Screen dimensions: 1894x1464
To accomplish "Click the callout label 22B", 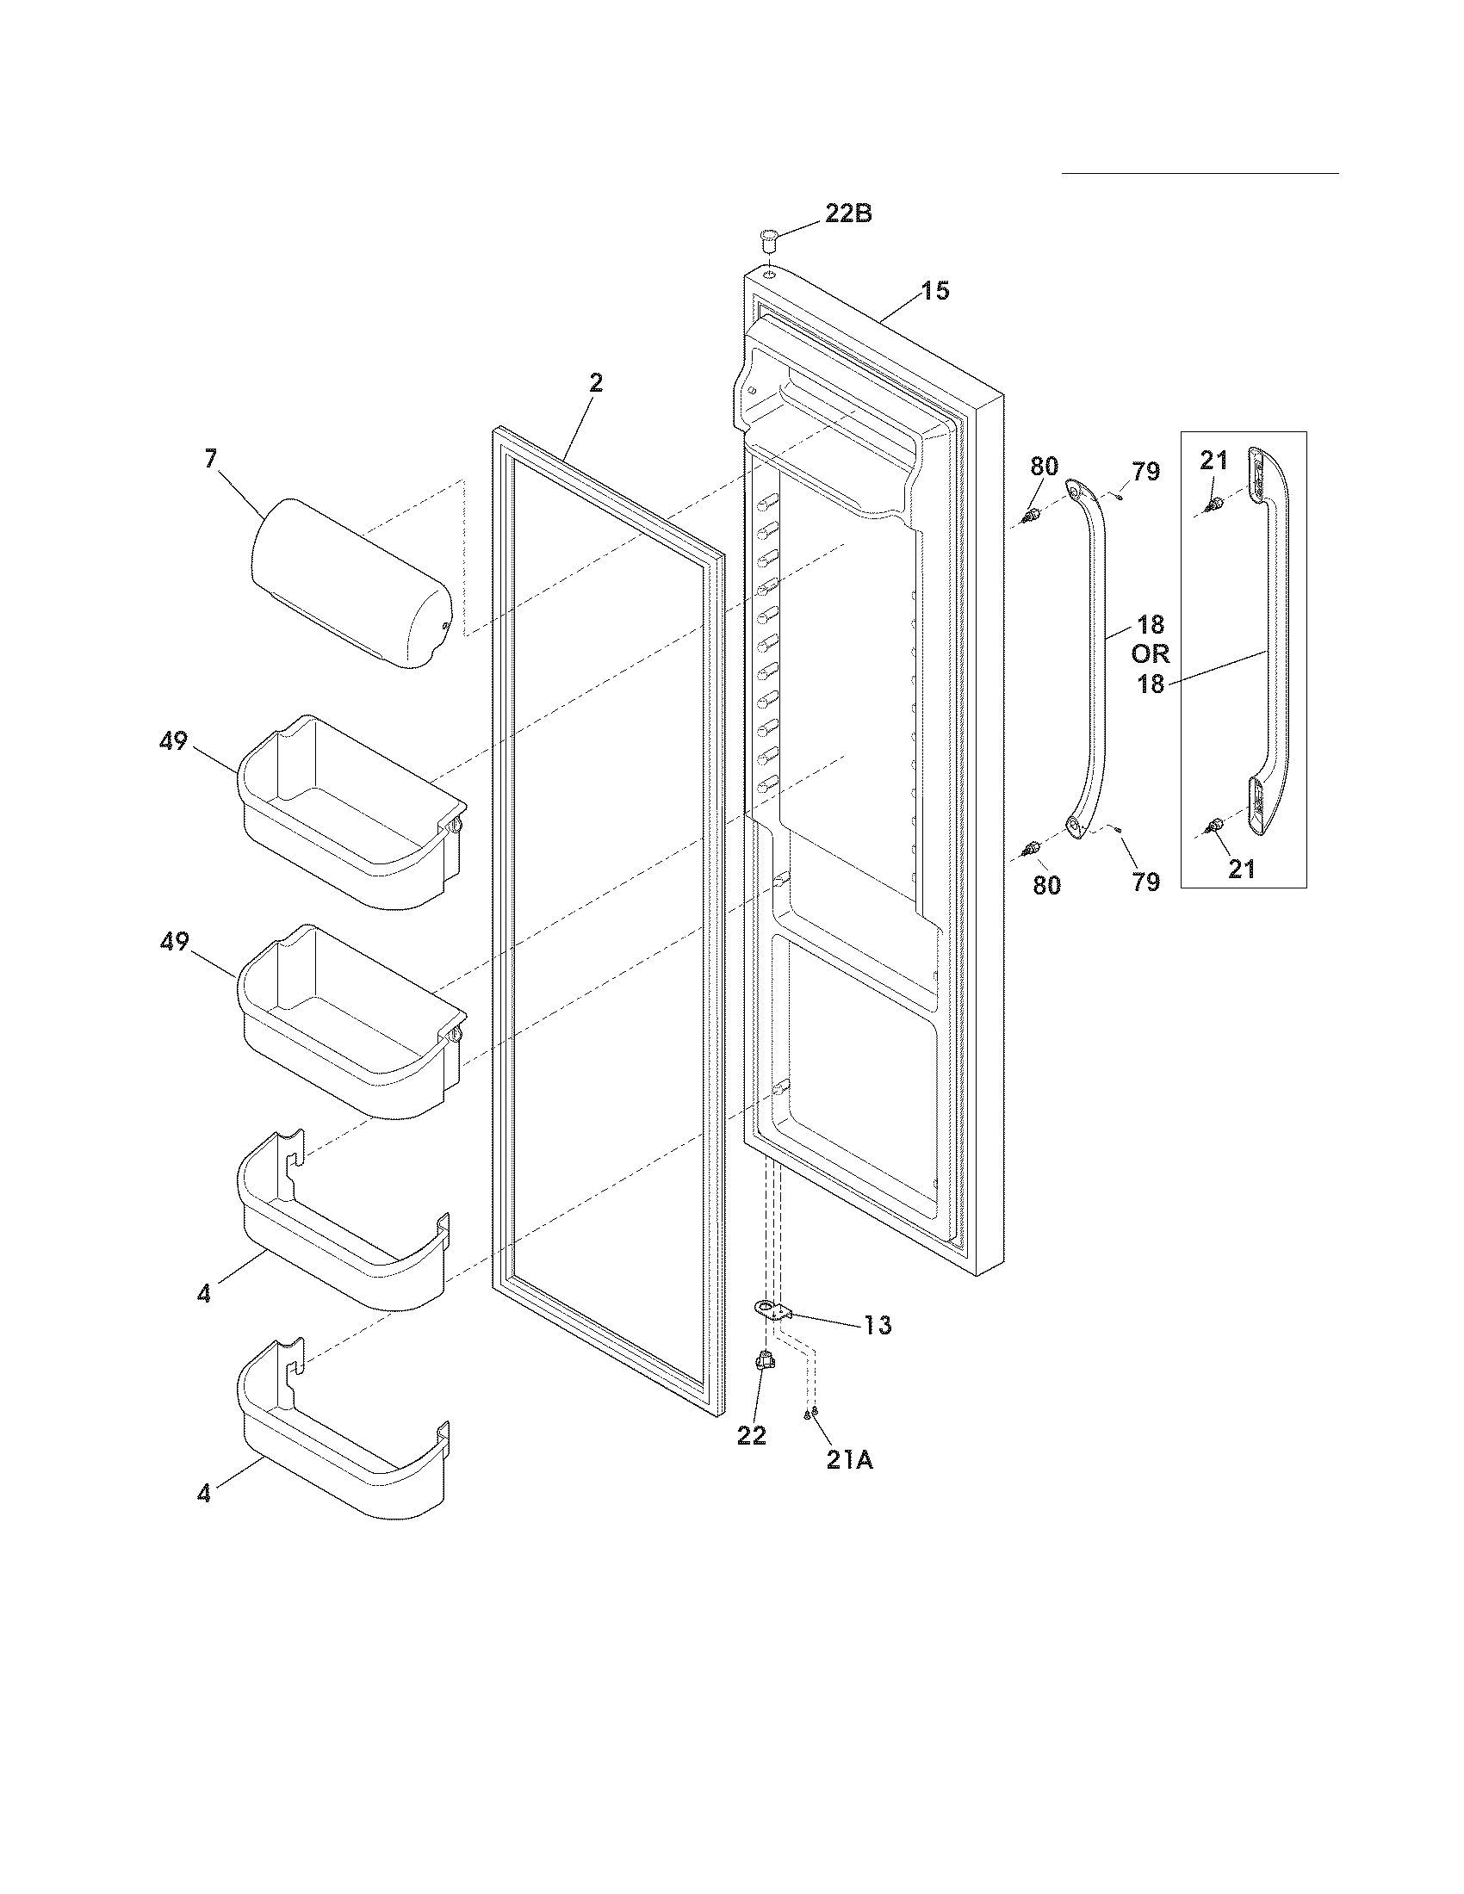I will (847, 214).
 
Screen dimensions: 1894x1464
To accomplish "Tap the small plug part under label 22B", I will (767, 238).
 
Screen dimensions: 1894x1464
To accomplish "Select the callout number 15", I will (934, 290).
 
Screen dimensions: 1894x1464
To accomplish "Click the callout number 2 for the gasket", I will (596, 382).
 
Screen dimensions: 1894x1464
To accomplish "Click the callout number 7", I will (211, 459).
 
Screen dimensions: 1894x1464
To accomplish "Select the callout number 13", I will (877, 1349).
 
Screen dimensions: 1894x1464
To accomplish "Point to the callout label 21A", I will (849, 1460).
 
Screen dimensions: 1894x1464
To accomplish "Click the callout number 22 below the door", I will (752, 1435).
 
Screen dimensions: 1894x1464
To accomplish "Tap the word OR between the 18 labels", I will (1150, 653).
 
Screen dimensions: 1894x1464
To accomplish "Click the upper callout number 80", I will (1045, 466).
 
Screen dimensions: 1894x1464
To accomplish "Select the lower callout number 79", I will (1145, 882).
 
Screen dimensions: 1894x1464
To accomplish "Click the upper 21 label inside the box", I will (1214, 461).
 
